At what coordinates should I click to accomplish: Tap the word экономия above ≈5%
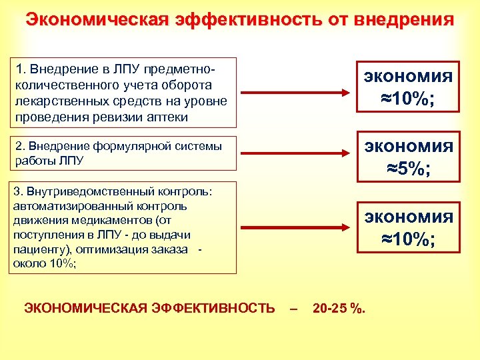tap(408, 145)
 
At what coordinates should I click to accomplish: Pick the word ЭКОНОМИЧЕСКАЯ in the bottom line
tap(75, 308)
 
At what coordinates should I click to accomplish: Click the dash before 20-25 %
tap(293, 308)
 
